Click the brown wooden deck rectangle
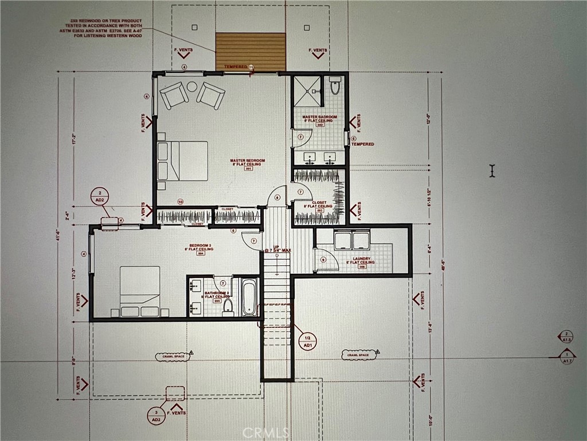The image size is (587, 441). click(x=251, y=51)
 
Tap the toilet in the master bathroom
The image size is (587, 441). click(x=336, y=87)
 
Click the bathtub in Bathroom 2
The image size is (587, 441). click(x=249, y=297)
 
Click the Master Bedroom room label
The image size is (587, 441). click(x=248, y=162)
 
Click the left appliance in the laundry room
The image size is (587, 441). click(x=344, y=239)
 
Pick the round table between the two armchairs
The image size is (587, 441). click(x=192, y=87)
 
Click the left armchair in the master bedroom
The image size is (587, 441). click(x=173, y=95)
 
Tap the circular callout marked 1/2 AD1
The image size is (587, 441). click(x=307, y=341)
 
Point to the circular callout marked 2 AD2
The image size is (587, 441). click(x=100, y=196)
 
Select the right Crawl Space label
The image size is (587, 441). click(x=359, y=356)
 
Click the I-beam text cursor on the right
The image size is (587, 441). click(x=491, y=171)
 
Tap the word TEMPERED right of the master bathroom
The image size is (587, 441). click(x=362, y=144)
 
